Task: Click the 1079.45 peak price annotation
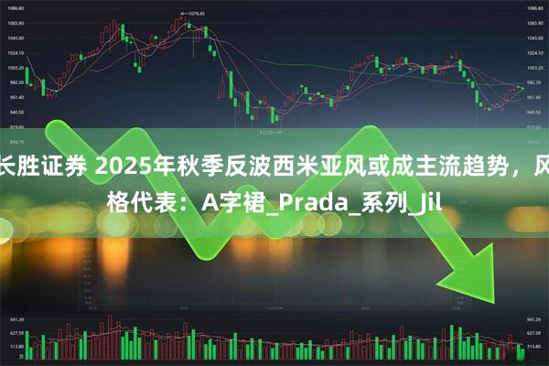[191, 14]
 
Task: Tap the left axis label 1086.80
[16, 8]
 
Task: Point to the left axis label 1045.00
[16, 38]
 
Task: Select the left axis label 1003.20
[16, 68]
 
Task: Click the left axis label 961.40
[16, 97]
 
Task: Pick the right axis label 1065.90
[533, 23]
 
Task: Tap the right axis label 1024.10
[533, 52]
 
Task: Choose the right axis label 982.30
[533, 82]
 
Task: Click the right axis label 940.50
[533, 113]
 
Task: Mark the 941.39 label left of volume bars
[16, 321]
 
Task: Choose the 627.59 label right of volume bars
[533, 334]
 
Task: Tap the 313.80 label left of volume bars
[16, 348]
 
